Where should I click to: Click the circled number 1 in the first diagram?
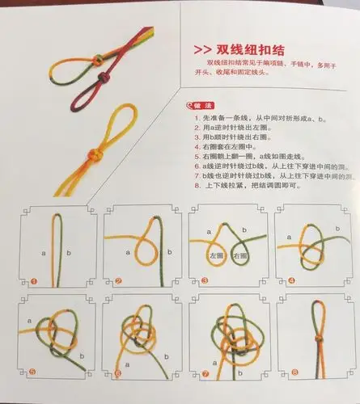click(x=33, y=281)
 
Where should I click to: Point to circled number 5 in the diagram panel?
click(x=33, y=372)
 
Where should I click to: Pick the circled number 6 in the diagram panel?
click(x=117, y=373)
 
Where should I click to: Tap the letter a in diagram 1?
click(x=43, y=252)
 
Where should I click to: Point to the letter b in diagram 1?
click(x=68, y=252)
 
